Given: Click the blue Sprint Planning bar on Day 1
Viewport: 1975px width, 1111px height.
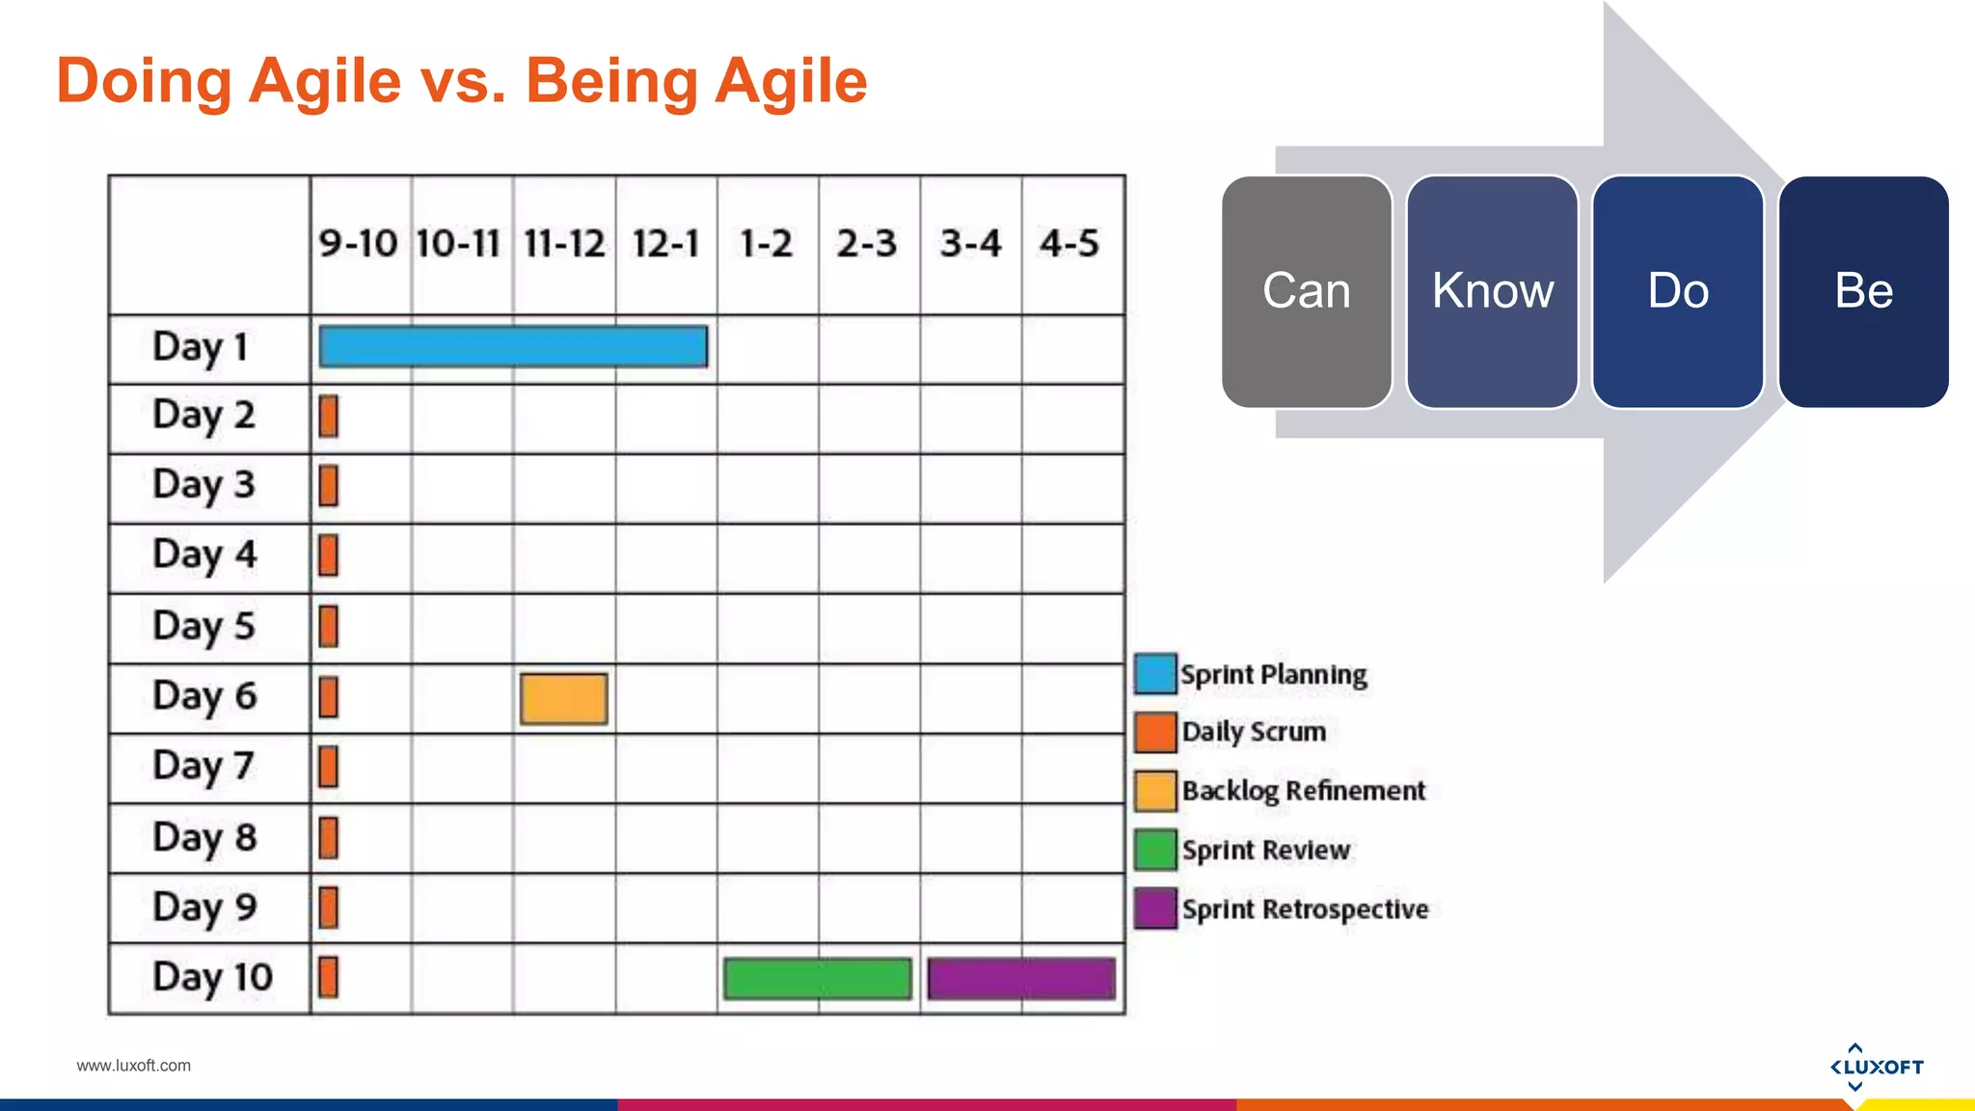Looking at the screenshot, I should pos(513,346).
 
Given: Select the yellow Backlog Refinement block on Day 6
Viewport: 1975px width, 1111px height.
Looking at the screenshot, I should pos(564,698).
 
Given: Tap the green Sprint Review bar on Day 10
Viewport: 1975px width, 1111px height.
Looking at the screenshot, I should pos(818,978).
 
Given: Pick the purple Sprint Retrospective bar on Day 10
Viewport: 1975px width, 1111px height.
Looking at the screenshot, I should pos(1021,978).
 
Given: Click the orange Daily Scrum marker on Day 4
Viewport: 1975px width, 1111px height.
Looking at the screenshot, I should pos(329,555).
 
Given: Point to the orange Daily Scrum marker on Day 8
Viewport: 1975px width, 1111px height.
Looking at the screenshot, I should pos(329,837).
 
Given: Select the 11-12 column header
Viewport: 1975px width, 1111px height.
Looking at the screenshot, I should pos(564,243).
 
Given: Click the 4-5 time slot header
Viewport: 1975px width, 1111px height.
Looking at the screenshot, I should pos(1069,243).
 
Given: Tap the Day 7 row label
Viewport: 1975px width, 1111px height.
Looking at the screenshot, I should pos(203,767).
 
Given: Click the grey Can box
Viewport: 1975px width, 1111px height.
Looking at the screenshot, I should pos(1307,291).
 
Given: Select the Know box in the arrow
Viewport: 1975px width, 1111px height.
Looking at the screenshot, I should pos(1492,291).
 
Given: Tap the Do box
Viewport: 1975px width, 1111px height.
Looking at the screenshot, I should pos(1678,291).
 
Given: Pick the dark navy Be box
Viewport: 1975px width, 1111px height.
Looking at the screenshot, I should pos(1863,291).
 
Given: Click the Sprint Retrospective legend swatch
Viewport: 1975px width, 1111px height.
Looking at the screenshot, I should pos(1155,908).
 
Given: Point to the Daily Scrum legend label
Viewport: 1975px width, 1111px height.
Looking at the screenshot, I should pos(1254,732).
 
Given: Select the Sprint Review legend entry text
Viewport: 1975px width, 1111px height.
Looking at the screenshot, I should pos(1265,851).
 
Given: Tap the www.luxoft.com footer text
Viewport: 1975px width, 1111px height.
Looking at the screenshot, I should pos(133,1066).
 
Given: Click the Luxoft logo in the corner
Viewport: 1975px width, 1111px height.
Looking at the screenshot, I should pos(1876,1067).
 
